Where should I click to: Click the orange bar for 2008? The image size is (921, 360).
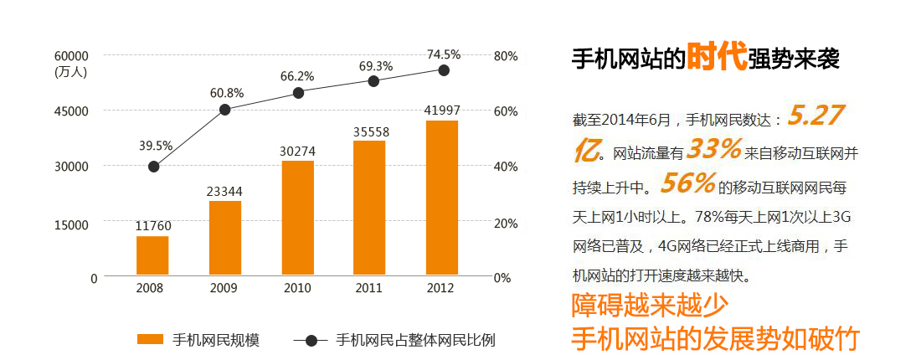pos(152,255)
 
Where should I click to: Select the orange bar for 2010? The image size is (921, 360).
pos(297,218)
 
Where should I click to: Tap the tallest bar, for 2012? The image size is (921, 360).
pos(442,198)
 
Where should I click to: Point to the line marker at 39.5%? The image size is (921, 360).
pos(153,167)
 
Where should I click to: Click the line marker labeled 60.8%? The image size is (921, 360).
pos(225,110)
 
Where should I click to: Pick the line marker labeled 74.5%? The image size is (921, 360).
pos(444,70)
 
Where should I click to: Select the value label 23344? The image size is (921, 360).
pos(224,193)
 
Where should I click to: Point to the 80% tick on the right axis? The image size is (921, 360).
pos(507,56)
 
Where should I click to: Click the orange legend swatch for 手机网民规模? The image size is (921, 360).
pos(150,339)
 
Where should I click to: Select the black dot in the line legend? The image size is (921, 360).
pos(311,340)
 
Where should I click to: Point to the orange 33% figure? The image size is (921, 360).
pos(714,150)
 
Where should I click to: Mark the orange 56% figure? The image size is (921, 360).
pos(687,183)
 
